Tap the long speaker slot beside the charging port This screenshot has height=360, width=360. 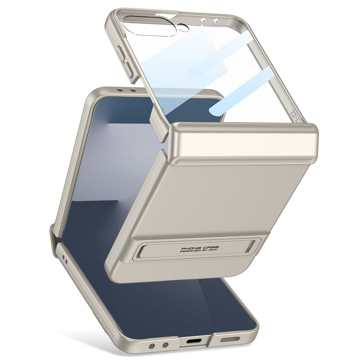coord(229,339)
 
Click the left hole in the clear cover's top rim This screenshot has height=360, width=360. coord(204,21)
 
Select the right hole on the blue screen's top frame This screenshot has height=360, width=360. coord(132,90)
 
